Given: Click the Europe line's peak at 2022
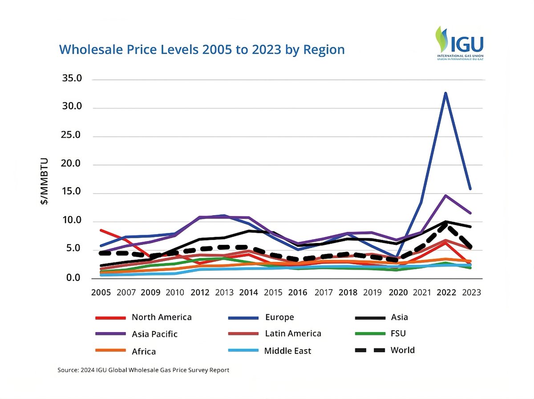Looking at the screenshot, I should (x=445, y=93).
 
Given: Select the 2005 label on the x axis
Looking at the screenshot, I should (x=101, y=293).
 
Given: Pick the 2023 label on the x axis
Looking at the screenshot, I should (x=471, y=293).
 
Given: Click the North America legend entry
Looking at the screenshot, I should (x=161, y=318).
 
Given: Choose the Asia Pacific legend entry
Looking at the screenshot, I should (x=154, y=334).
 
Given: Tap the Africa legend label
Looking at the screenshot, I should (x=144, y=351).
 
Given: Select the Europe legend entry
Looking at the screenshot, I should (x=279, y=318).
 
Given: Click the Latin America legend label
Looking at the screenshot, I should (x=293, y=334).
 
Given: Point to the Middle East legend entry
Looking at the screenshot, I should (x=287, y=351).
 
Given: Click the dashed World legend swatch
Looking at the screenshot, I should (x=370, y=350).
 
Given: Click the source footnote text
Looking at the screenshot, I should (x=143, y=370).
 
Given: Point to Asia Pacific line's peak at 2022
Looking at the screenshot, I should (x=445, y=195).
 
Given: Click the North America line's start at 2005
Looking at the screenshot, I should (x=101, y=230).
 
